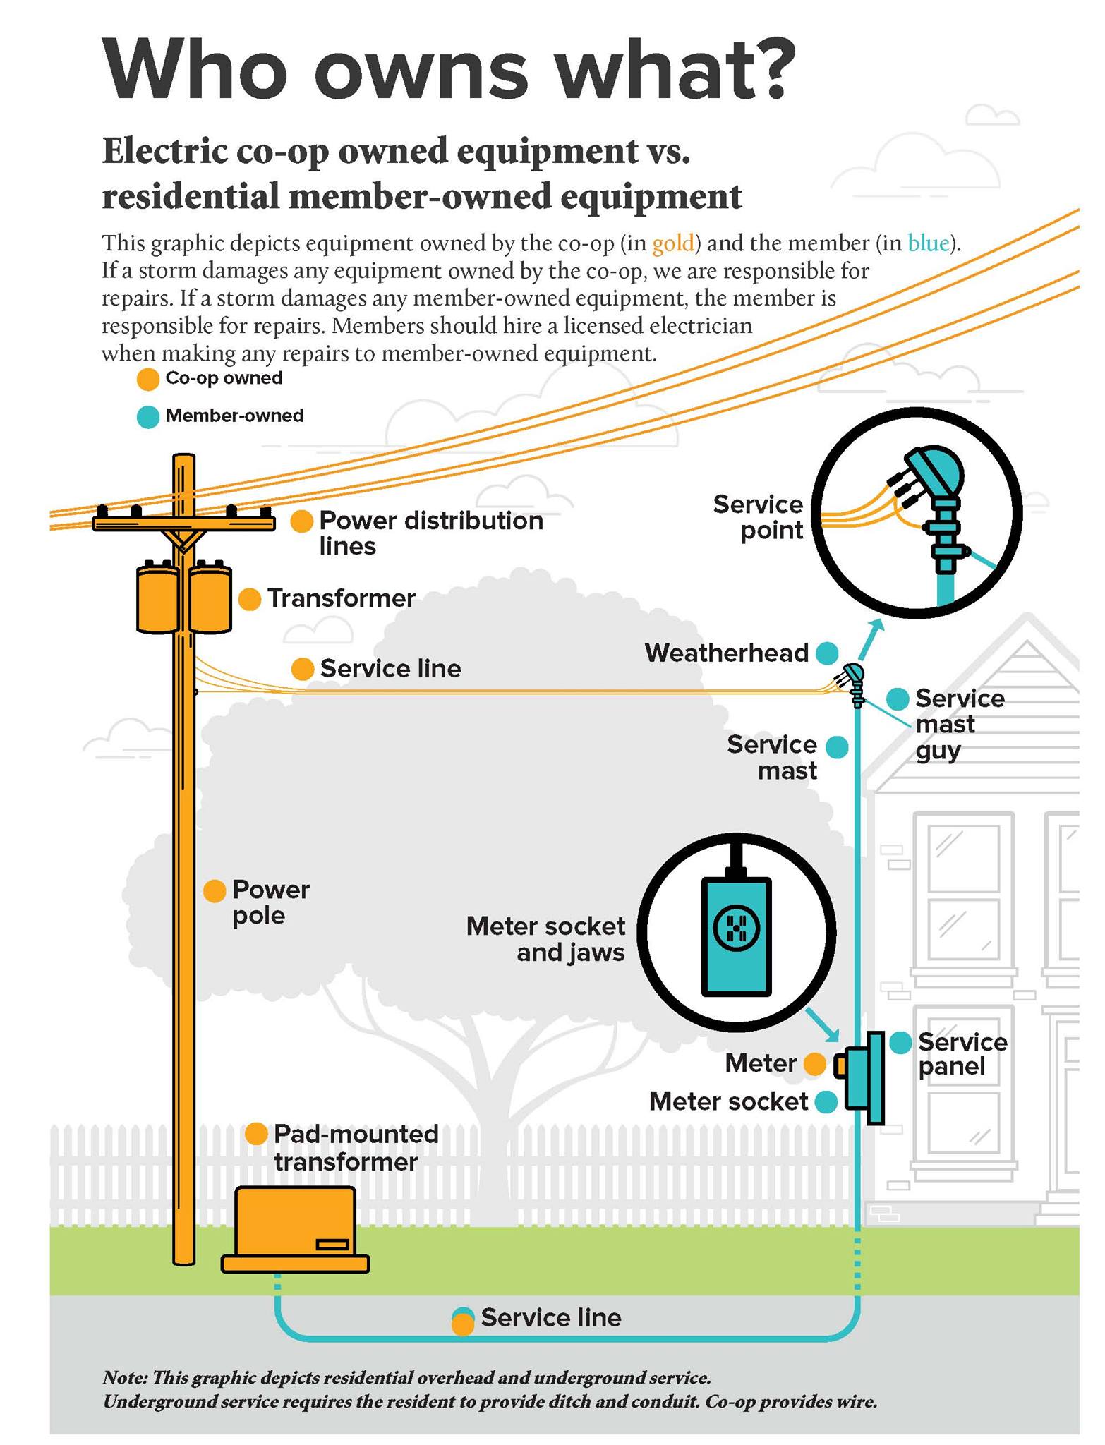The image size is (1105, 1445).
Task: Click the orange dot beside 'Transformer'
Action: pos(249,600)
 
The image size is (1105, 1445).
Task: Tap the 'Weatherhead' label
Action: pos(726,653)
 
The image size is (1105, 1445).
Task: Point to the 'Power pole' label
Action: pos(271,902)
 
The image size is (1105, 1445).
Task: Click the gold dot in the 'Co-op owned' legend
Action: pos(147,380)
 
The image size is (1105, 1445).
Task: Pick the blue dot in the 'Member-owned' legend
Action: pos(147,417)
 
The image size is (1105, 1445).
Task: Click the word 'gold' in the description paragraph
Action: pos(673,243)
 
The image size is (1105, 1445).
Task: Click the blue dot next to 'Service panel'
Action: pos(900,1043)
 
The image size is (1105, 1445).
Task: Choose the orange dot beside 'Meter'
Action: pos(815,1064)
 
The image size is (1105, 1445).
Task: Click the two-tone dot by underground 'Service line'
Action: pos(463,1321)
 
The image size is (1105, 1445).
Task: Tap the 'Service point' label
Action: pos(758,517)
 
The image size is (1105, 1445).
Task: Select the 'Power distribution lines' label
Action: pos(431,533)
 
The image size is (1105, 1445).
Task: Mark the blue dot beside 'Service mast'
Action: pos(837,747)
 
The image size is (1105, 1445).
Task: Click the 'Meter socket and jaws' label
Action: pos(545,939)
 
